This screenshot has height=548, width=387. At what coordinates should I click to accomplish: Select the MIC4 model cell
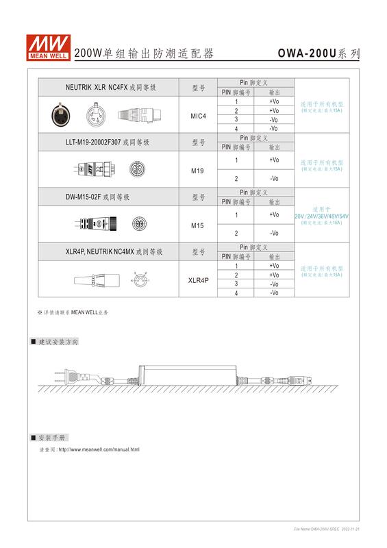coord(198,116)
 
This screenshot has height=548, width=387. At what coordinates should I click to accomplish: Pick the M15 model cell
coord(198,224)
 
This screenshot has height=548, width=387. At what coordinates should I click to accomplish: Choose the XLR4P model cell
coord(198,279)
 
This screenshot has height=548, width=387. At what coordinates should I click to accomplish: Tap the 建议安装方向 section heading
coord(58,341)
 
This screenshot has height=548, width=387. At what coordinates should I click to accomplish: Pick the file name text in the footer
coord(326,529)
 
